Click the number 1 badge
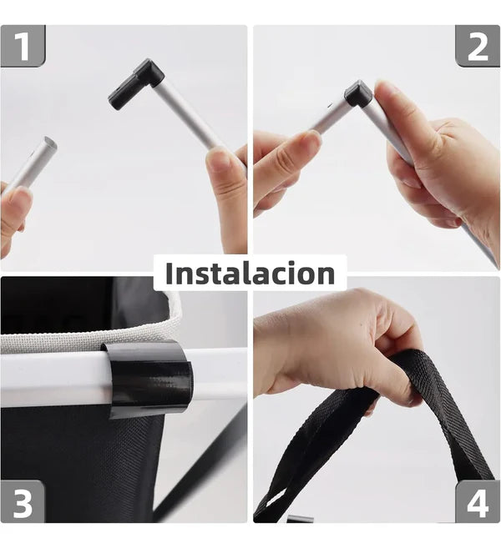pos(23,46)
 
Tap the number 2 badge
pos(478,46)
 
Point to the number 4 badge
pos(478,503)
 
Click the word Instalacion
pos(250,273)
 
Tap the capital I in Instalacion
pos(170,273)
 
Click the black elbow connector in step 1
pos(136,83)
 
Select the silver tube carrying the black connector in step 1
pos(185,117)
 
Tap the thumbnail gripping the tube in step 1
pos(219,160)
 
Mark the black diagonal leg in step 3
pos(200,475)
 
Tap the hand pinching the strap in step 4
pos(334,342)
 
